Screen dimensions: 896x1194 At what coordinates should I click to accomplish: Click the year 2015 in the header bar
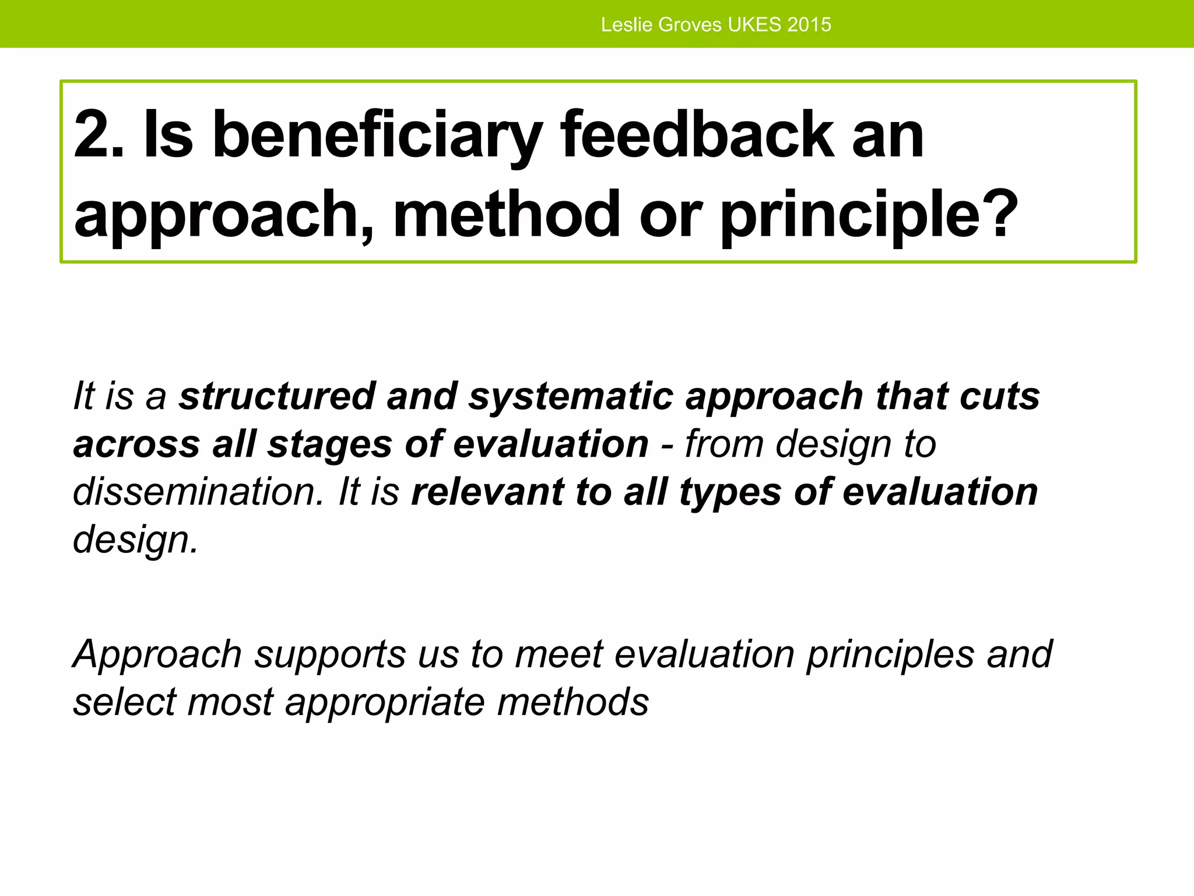(809, 24)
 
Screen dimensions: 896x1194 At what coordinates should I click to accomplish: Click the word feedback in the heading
(697, 135)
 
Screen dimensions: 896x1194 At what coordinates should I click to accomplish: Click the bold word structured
(276, 397)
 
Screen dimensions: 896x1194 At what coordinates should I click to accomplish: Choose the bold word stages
(329, 444)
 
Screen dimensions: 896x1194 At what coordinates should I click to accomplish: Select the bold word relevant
(487, 492)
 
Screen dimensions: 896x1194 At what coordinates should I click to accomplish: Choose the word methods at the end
(573, 702)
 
